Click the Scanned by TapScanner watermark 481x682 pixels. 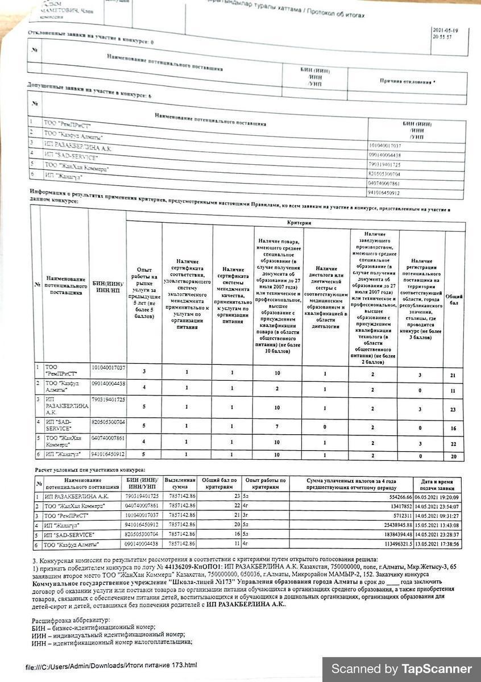pos(401,669)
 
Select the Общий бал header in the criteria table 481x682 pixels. pos(454,299)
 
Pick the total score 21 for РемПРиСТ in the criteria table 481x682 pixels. pos(453,376)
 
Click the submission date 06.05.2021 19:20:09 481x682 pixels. pos(437,496)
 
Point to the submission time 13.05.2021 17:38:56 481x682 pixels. pos(437,544)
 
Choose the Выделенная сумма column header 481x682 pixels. pos(180,484)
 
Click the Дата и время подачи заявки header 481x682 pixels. pos(437,484)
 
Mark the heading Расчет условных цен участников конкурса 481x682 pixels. pos(90,470)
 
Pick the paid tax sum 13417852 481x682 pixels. pos(396,505)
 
